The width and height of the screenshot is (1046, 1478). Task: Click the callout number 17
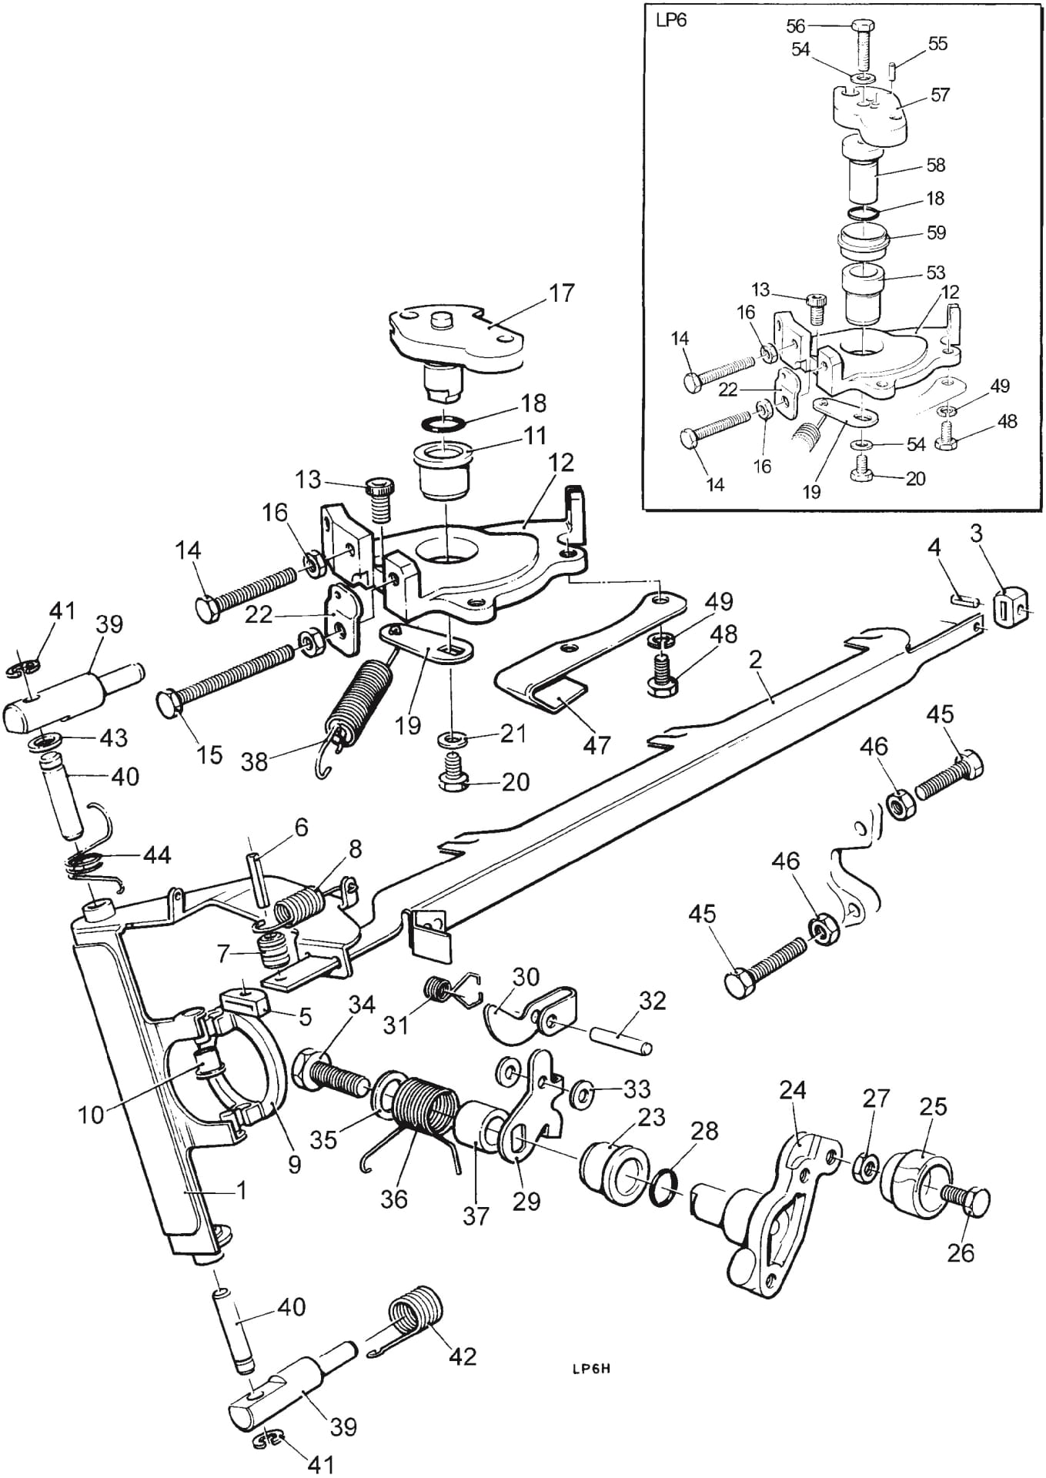[562, 294]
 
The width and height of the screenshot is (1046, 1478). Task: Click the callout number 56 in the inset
[795, 26]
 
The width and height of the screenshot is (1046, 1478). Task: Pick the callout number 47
[597, 744]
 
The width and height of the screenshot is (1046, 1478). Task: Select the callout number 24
[793, 1091]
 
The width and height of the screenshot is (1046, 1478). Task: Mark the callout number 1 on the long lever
[242, 1191]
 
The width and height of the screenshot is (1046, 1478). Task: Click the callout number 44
[157, 855]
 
